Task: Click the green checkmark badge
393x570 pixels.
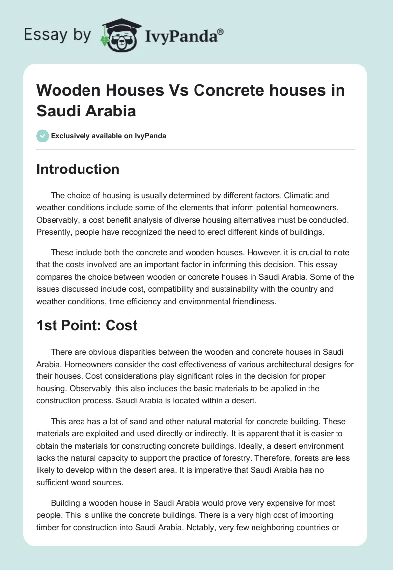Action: click(x=42, y=136)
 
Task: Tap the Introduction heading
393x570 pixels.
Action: click(x=78, y=170)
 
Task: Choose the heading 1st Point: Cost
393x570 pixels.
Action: click(x=87, y=325)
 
